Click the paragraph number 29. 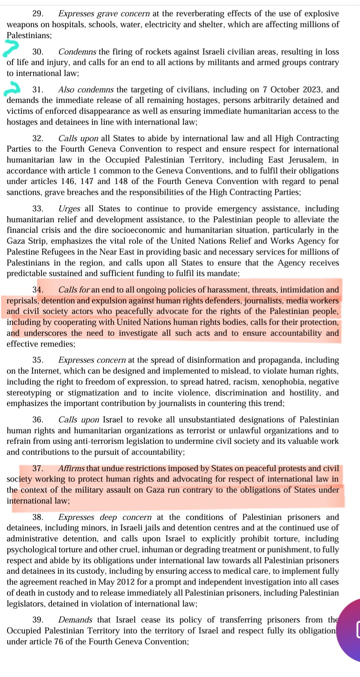pyautogui.click(x=37, y=14)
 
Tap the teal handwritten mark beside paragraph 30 pyautogui.click(x=11, y=48)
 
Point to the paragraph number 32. pyautogui.click(x=37, y=139)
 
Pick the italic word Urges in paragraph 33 pyautogui.click(x=69, y=209)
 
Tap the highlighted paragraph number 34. pyautogui.click(x=37, y=290)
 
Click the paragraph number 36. pyautogui.click(x=37, y=420)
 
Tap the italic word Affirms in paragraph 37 pyautogui.click(x=71, y=469)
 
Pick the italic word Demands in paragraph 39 pyautogui.click(x=75, y=620)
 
